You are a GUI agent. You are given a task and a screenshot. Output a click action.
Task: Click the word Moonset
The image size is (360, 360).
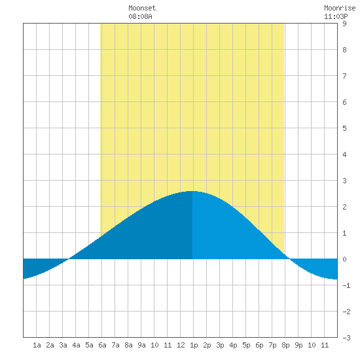pyautogui.click(x=142, y=8)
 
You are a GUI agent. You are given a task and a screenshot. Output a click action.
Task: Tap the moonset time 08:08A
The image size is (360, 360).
pyautogui.click(x=140, y=16)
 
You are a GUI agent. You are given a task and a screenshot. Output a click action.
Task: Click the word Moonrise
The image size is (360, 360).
pyautogui.click(x=340, y=8)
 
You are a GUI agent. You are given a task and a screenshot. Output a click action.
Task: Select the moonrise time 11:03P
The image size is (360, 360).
pyautogui.click(x=336, y=16)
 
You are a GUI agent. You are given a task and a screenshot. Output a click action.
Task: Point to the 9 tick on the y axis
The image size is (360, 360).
pyautogui.click(x=344, y=24)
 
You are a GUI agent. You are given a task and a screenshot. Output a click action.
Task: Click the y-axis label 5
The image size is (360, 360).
pyautogui.click(x=344, y=128)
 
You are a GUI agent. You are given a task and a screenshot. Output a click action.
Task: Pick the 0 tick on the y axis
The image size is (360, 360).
pyautogui.click(x=344, y=259)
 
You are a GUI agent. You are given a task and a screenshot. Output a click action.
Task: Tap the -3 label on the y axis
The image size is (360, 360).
pyautogui.click(x=346, y=338)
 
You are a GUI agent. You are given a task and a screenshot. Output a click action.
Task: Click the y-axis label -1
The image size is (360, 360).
pyautogui.click(x=346, y=285)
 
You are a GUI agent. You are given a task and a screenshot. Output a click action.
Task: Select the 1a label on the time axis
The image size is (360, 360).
pyautogui.click(x=37, y=345)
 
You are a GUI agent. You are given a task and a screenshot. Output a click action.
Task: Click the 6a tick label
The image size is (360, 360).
pyautogui.click(x=102, y=345)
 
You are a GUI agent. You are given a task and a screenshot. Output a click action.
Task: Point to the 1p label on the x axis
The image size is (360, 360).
pyautogui.click(x=194, y=345)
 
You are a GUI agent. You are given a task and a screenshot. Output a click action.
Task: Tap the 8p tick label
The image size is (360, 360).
pyautogui.click(x=285, y=345)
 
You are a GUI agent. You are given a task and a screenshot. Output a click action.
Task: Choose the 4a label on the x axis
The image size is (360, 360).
pyautogui.click(x=76, y=345)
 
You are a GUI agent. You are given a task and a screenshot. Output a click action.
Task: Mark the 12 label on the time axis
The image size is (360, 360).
pyautogui.click(x=181, y=345)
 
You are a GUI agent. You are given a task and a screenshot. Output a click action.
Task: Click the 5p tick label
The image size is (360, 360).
pyautogui.click(x=246, y=345)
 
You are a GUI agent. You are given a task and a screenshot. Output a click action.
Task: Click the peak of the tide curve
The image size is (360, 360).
pyautogui.click(x=192, y=191)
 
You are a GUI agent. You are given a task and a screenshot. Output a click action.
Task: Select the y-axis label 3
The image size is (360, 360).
pyautogui.click(x=344, y=181)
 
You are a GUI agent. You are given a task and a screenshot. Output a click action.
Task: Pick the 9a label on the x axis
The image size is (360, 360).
pyautogui.click(x=141, y=345)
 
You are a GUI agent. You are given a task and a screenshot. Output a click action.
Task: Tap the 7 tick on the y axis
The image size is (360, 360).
pyautogui.click(x=344, y=76)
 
